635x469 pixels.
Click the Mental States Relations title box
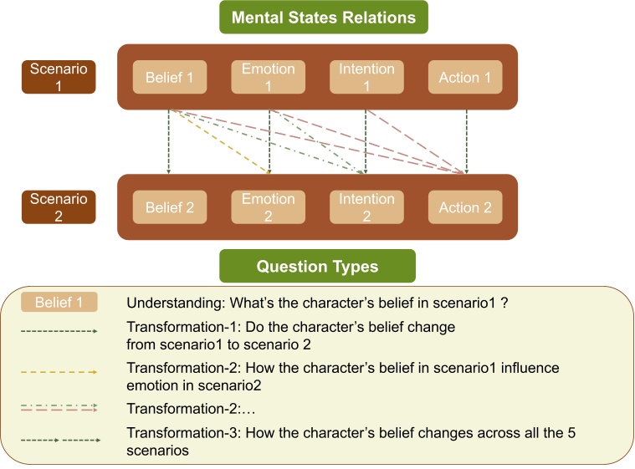pos(323,18)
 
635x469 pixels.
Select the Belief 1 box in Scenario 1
pos(170,78)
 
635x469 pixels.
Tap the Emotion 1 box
pos(269,77)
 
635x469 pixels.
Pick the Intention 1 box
pos(366,77)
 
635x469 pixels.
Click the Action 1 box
pos(465,78)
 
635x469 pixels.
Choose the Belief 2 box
pos(170,207)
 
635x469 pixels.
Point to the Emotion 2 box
pos(269,207)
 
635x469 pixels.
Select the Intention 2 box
pos(366,207)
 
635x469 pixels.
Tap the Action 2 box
pos(465,207)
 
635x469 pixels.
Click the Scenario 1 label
pos(59,77)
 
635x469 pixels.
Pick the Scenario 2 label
pos(59,207)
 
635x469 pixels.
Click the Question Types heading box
pos(317,267)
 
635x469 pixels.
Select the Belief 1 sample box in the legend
pos(59,303)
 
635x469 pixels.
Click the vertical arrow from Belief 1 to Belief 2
pos(170,142)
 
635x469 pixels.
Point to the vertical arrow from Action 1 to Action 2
pos(466,142)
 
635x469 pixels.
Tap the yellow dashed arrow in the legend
pos(59,373)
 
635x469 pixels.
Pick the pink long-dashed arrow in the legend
pos(59,410)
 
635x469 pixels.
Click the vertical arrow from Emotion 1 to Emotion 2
pos(269,142)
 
